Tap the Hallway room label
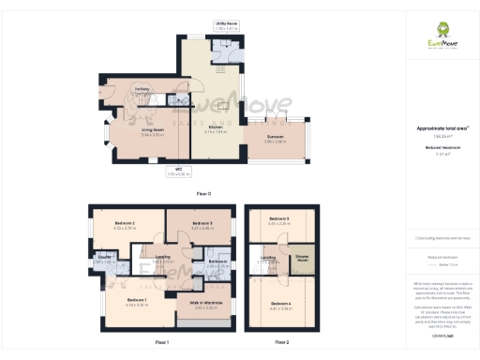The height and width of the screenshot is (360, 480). coord(142,89)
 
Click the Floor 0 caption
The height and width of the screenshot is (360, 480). coord(203,193)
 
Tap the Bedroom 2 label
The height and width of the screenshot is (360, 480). coord(125,222)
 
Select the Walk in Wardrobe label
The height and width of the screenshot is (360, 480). coord(205,304)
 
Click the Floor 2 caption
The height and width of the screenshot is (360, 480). coord(281,342)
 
